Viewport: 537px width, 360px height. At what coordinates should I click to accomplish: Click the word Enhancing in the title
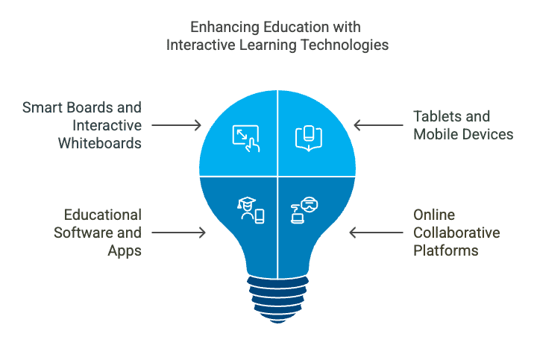click(224, 28)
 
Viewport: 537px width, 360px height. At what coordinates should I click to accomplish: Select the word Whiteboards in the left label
click(100, 143)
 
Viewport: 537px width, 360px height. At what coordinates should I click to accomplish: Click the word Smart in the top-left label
click(43, 107)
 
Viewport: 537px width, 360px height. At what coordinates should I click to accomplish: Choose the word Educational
click(103, 215)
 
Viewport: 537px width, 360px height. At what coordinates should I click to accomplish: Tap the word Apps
click(125, 251)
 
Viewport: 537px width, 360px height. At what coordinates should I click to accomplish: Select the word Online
click(434, 215)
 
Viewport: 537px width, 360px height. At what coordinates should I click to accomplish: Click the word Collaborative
click(456, 233)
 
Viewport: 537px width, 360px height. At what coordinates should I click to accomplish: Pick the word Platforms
click(445, 250)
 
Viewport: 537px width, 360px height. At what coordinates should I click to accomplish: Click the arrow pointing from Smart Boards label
click(176, 125)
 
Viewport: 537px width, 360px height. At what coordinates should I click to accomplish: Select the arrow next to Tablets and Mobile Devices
click(378, 125)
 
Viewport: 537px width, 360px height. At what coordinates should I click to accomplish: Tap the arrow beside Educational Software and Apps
click(178, 233)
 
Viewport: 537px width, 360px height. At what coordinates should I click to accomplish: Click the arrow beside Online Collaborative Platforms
click(377, 233)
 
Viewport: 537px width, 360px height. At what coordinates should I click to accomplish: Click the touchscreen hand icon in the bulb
click(246, 139)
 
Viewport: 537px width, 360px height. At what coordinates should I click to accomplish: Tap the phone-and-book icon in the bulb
click(309, 139)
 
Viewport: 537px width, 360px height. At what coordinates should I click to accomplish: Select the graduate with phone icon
click(251, 210)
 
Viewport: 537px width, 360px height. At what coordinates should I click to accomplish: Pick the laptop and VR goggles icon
click(304, 210)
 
